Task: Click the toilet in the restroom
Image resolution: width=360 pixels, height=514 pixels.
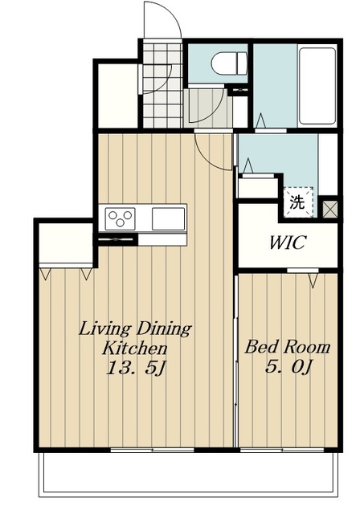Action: (228, 63)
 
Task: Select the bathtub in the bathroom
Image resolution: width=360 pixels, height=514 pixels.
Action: (317, 86)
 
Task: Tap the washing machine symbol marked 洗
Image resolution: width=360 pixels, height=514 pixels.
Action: (298, 202)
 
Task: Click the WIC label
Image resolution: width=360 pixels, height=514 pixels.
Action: (288, 243)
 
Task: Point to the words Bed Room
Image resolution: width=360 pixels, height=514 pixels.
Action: (287, 348)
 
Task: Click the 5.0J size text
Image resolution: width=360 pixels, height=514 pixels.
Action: (288, 368)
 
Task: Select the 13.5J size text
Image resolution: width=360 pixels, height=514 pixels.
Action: (135, 368)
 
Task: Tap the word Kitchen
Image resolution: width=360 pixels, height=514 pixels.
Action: (134, 348)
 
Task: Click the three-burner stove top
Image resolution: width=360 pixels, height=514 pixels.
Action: (121, 219)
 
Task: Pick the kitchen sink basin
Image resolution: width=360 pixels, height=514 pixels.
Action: (168, 218)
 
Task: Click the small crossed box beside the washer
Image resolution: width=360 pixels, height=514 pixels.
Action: (329, 208)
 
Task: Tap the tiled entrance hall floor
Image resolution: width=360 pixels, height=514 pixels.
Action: (162, 85)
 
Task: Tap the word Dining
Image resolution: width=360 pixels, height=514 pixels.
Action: (164, 329)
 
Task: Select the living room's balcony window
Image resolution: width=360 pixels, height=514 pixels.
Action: (152, 450)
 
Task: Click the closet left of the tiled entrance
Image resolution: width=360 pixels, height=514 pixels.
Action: (118, 95)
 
